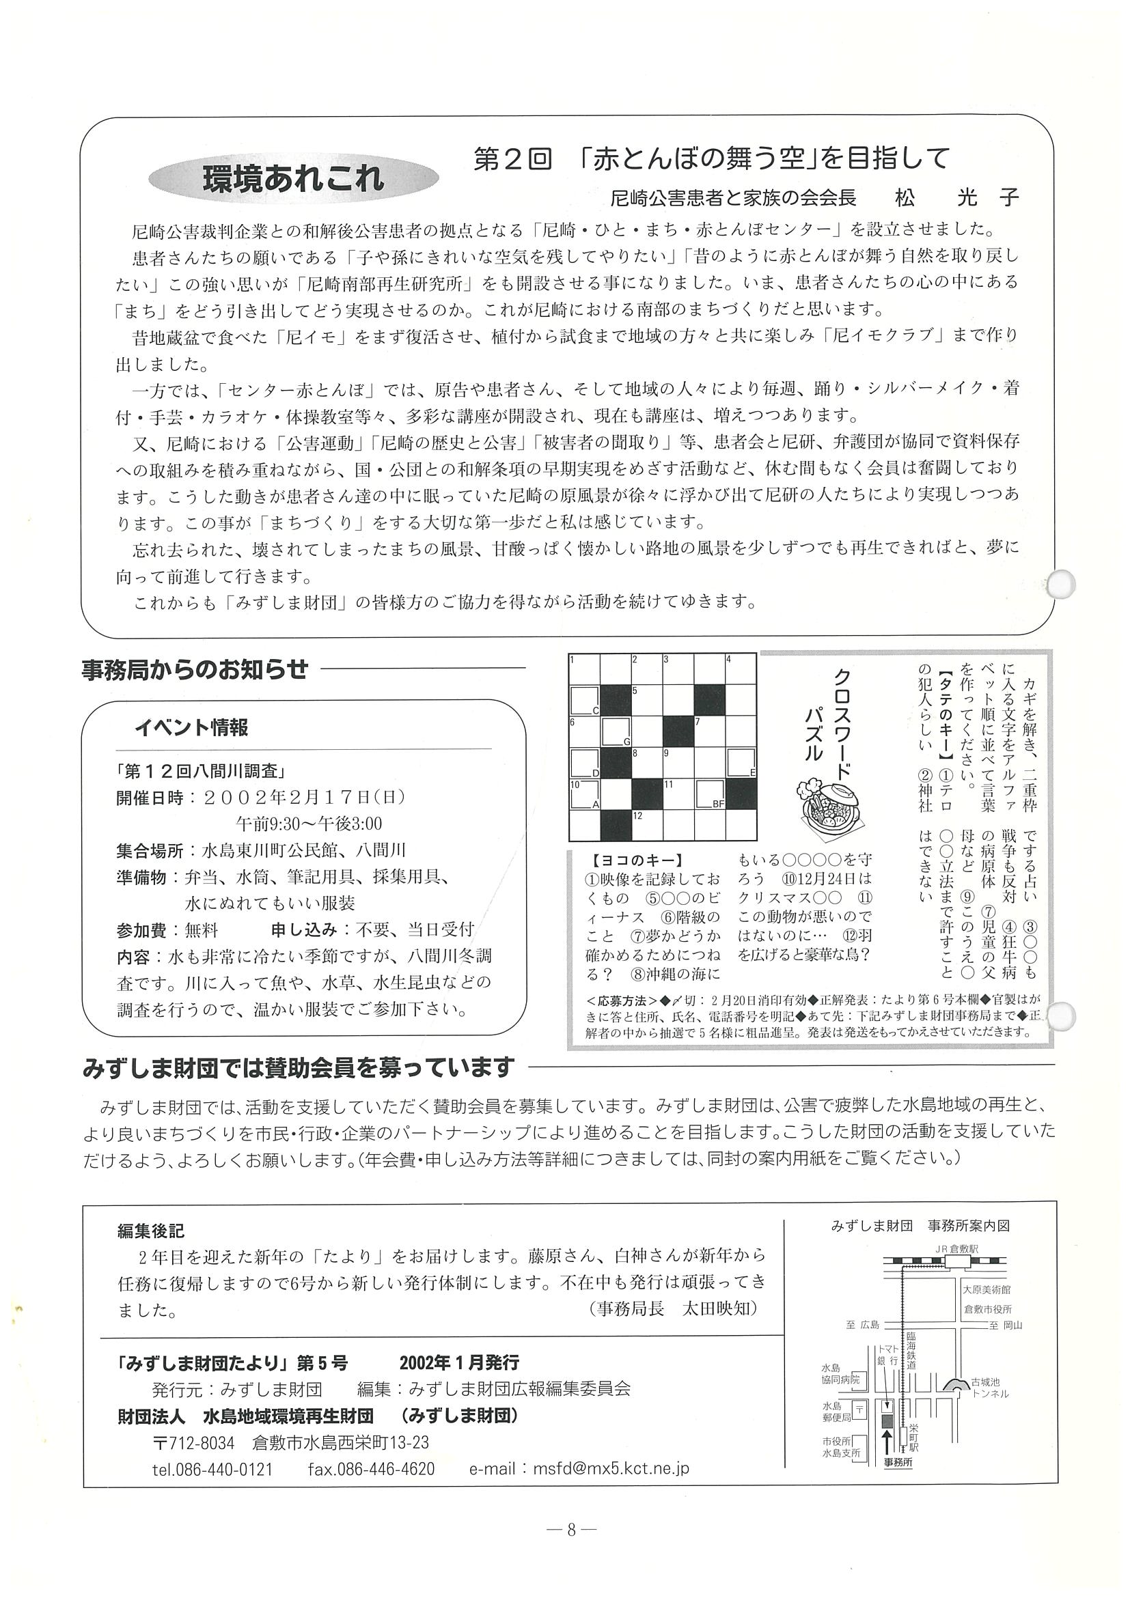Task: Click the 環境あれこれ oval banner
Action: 293,180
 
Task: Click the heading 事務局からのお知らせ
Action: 194,669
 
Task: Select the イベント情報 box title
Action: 191,728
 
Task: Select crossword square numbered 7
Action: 708,731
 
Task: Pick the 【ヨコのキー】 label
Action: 632,860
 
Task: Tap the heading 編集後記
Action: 150,1231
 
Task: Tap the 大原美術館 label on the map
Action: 987,1289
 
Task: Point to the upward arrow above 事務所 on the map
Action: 887,1420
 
